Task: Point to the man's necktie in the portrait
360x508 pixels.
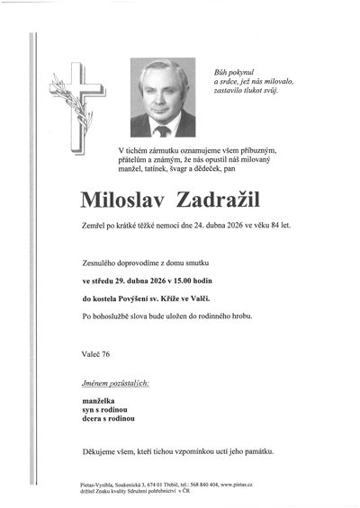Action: (x=163, y=129)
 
